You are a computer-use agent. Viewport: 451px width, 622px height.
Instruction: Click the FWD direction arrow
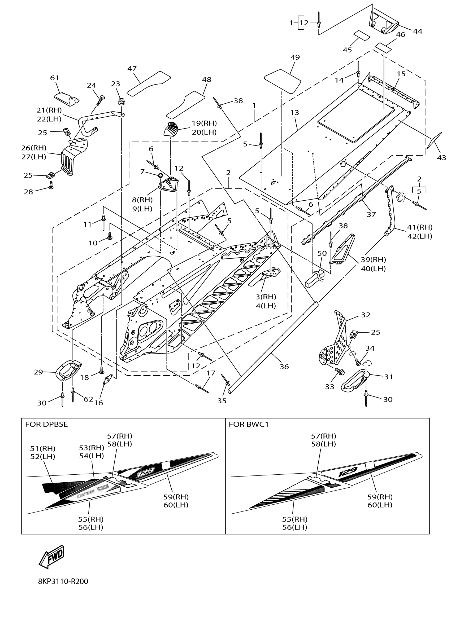click(52, 557)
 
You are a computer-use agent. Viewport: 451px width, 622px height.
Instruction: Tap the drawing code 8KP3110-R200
click(63, 581)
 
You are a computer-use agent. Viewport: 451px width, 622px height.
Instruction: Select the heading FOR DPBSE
click(46, 424)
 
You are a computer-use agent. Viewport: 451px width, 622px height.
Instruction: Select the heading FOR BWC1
click(248, 424)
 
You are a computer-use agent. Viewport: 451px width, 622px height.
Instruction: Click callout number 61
click(54, 78)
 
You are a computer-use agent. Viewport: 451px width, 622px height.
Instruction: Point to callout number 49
click(295, 57)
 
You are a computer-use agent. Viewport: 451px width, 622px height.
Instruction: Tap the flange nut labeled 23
click(121, 101)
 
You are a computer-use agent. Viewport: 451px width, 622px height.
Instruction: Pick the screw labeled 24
click(100, 101)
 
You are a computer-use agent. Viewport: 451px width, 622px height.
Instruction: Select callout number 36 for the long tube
click(284, 367)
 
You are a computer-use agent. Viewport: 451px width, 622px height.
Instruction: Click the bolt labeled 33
click(340, 372)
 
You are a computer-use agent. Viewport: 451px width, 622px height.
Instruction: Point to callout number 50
click(322, 253)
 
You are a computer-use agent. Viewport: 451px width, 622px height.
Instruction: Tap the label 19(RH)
click(204, 123)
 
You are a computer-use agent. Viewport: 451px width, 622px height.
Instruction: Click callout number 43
click(441, 158)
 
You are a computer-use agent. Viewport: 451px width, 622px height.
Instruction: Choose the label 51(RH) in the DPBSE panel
click(42, 448)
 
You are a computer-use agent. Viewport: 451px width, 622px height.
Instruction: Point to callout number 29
click(38, 372)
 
